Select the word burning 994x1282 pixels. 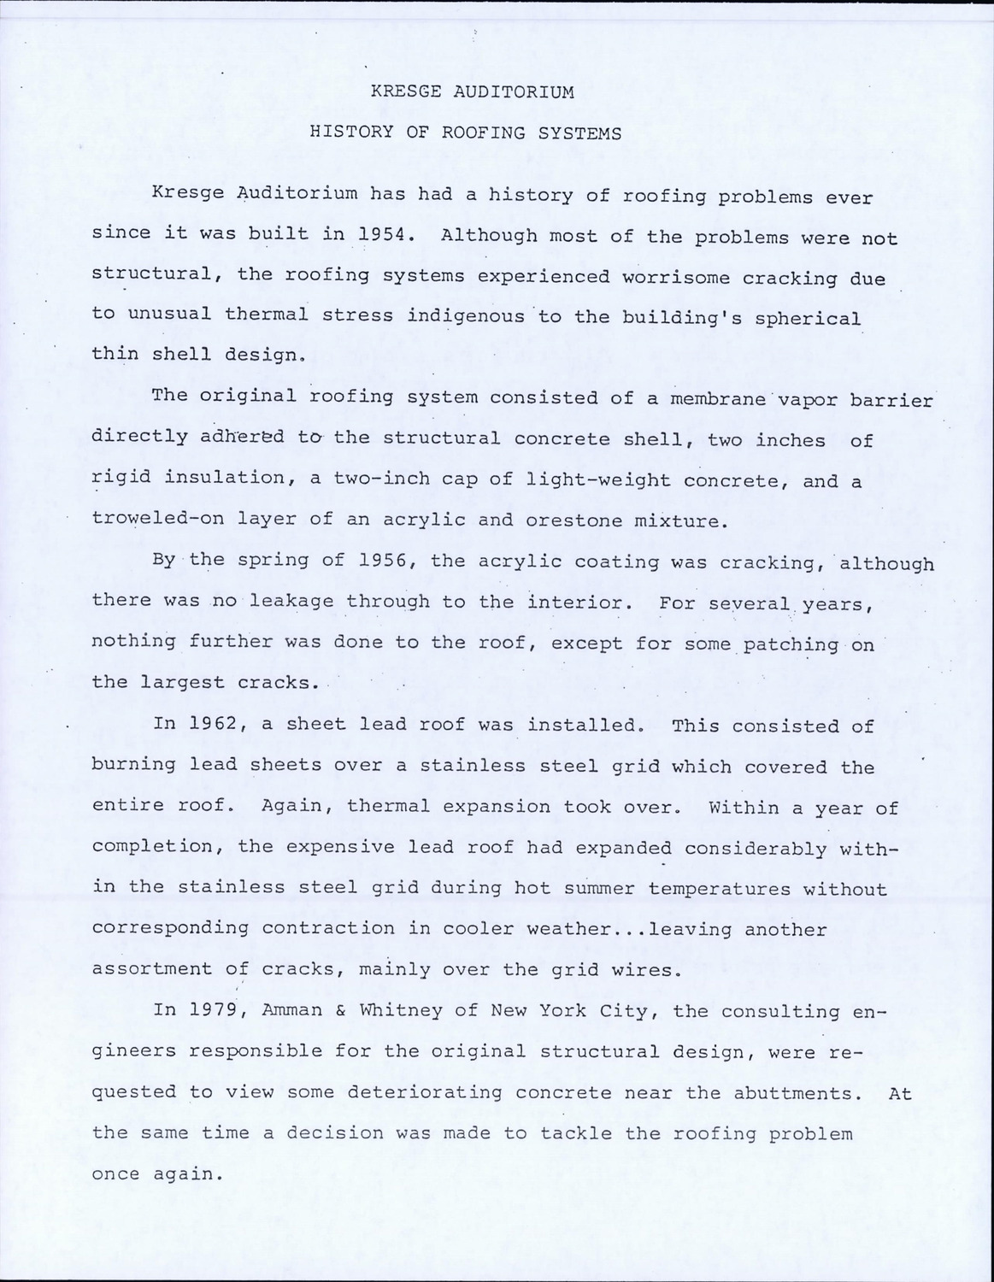(x=133, y=764)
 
